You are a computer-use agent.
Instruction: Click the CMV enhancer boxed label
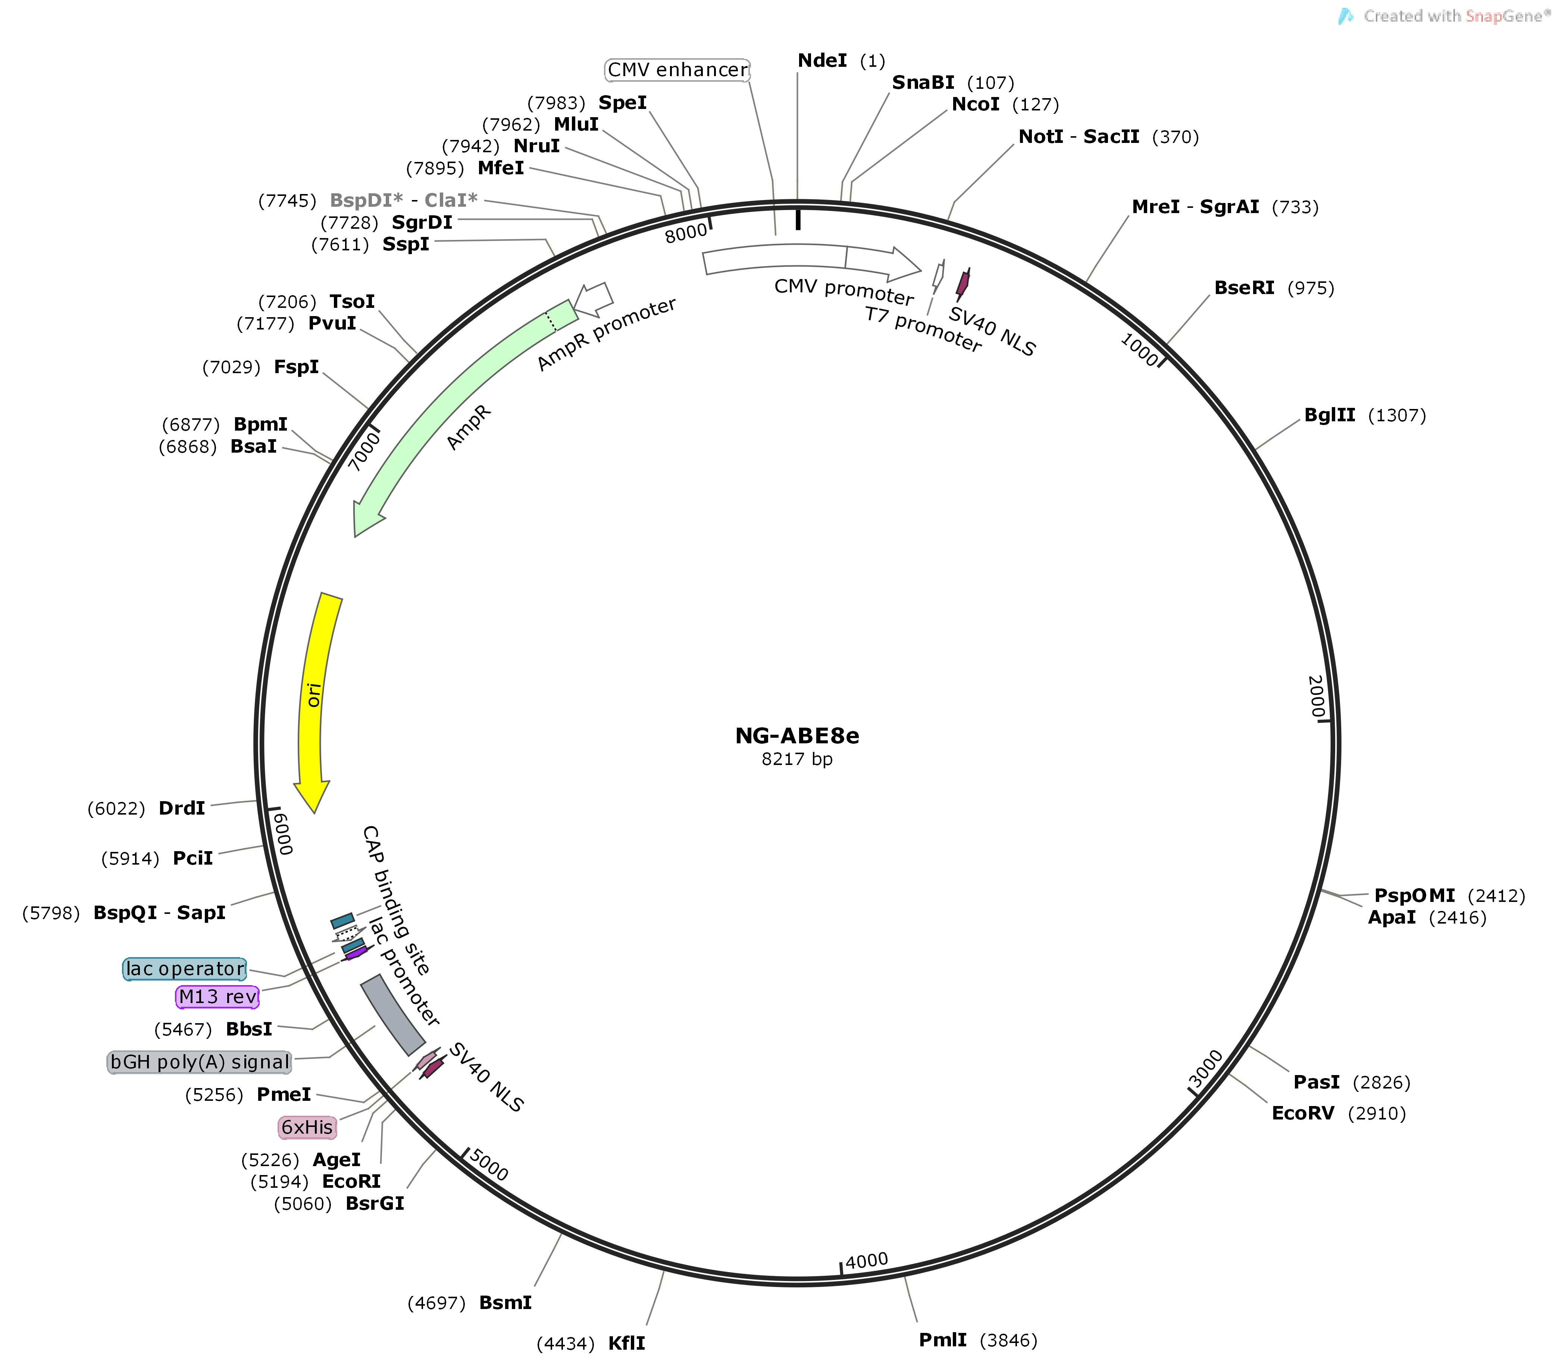[678, 70]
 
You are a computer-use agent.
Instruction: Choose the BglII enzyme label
[1330, 415]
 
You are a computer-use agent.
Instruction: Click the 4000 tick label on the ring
[867, 1261]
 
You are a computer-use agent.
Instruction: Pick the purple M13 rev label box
[218, 996]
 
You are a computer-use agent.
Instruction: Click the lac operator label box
[185, 969]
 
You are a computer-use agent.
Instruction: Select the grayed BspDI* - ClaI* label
[404, 200]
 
